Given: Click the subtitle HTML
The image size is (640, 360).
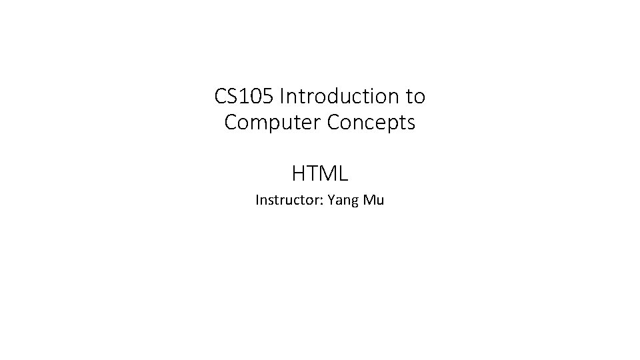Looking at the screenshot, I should pyautogui.click(x=320, y=174).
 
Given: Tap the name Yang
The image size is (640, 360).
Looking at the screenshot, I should pyautogui.click(x=340, y=201).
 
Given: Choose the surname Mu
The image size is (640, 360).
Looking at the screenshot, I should pyautogui.click(x=374, y=200).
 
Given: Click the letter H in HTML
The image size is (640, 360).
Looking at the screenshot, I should pyautogui.click(x=298, y=174).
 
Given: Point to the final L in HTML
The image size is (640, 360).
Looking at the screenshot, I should pyautogui.click(x=343, y=174).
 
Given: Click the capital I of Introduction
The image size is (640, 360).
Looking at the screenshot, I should pyautogui.click(x=283, y=97).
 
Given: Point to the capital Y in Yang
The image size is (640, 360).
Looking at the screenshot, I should pyautogui.click(x=329, y=200).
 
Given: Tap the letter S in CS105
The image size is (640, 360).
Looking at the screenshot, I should pyautogui.click(x=232, y=97).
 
